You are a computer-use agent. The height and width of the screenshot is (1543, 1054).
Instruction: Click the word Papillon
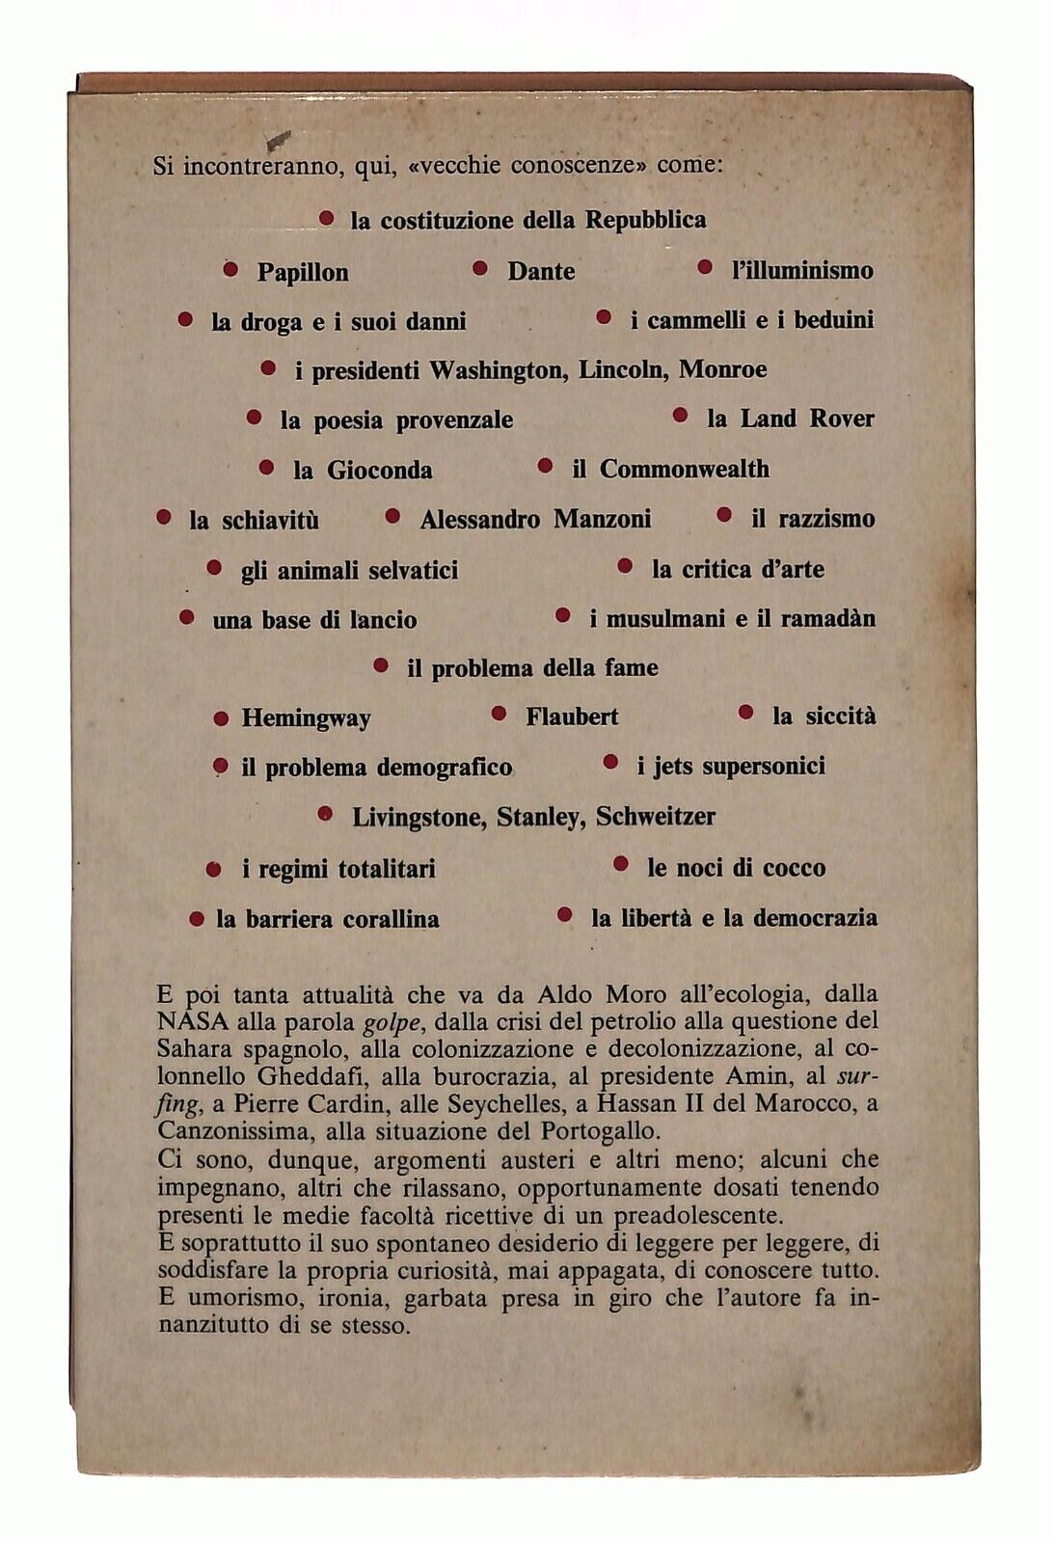pyautogui.click(x=302, y=272)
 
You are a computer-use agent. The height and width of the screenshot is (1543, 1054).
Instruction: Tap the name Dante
pyautogui.click(x=541, y=272)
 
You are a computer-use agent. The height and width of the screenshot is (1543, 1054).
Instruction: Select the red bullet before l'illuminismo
pyautogui.click(x=705, y=268)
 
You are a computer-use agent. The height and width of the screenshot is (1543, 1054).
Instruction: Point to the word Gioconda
pyautogui.click(x=379, y=471)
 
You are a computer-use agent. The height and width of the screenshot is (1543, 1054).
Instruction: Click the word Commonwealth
pyautogui.click(x=684, y=470)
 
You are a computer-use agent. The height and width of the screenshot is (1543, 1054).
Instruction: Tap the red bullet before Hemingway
pyautogui.click(x=221, y=718)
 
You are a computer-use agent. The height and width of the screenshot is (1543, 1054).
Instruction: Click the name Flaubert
pyautogui.click(x=572, y=717)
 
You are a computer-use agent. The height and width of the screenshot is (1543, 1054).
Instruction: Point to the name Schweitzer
pyautogui.click(x=655, y=817)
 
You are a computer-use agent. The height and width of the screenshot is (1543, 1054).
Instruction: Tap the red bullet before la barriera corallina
pyautogui.click(x=197, y=918)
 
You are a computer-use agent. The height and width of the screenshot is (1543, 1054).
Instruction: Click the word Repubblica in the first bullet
pyautogui.click(x=646, y=220)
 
